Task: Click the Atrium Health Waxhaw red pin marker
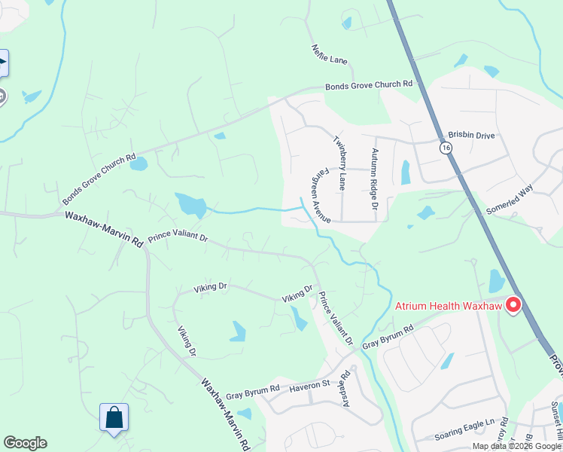click(x=514, y=305)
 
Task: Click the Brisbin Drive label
click(x=471, y=135)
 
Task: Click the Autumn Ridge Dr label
click(x=373, y=179)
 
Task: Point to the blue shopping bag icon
click(x=114, y=417)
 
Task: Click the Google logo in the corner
click(x=25, y=443)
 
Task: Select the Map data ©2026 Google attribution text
click(x=517, y=446)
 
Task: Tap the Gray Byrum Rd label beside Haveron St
click(x=253, y=390)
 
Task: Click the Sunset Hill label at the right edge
click(x=556, y=419)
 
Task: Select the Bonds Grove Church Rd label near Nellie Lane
click(x=369, y=85)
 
